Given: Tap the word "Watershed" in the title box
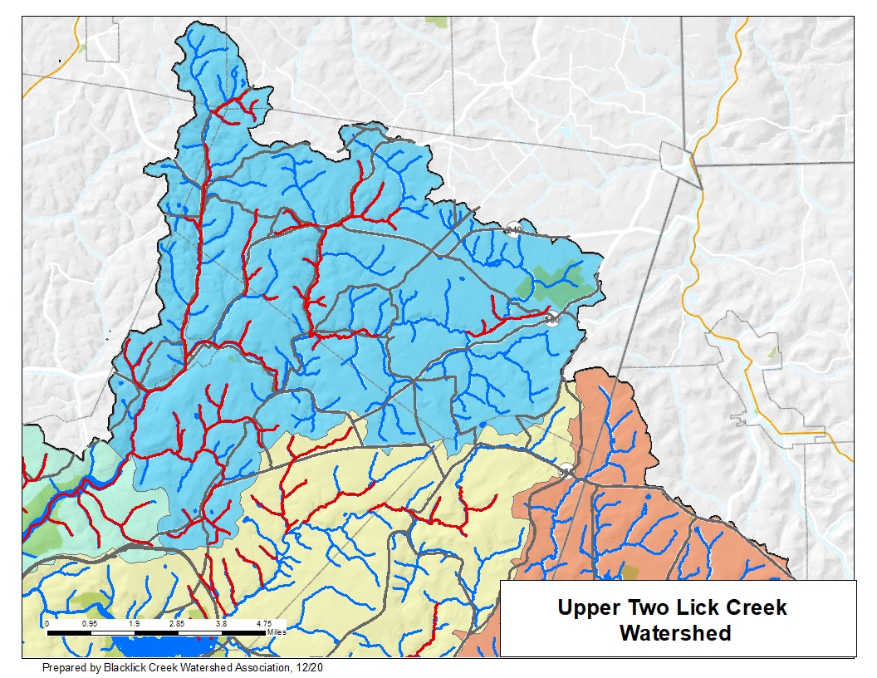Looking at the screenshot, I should [675, 633].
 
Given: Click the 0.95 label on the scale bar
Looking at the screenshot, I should [91, 622].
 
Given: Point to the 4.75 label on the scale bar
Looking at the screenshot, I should [264, 622].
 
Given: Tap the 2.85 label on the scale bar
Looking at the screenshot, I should [177, 622].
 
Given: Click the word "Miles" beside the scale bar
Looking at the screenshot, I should [277, 632].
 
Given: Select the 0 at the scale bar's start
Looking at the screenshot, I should [47, 622].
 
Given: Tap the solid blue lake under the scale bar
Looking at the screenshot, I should [158, 646].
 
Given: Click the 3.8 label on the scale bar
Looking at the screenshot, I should [221, 622].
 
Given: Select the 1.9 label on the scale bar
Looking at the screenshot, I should [134, 622].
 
